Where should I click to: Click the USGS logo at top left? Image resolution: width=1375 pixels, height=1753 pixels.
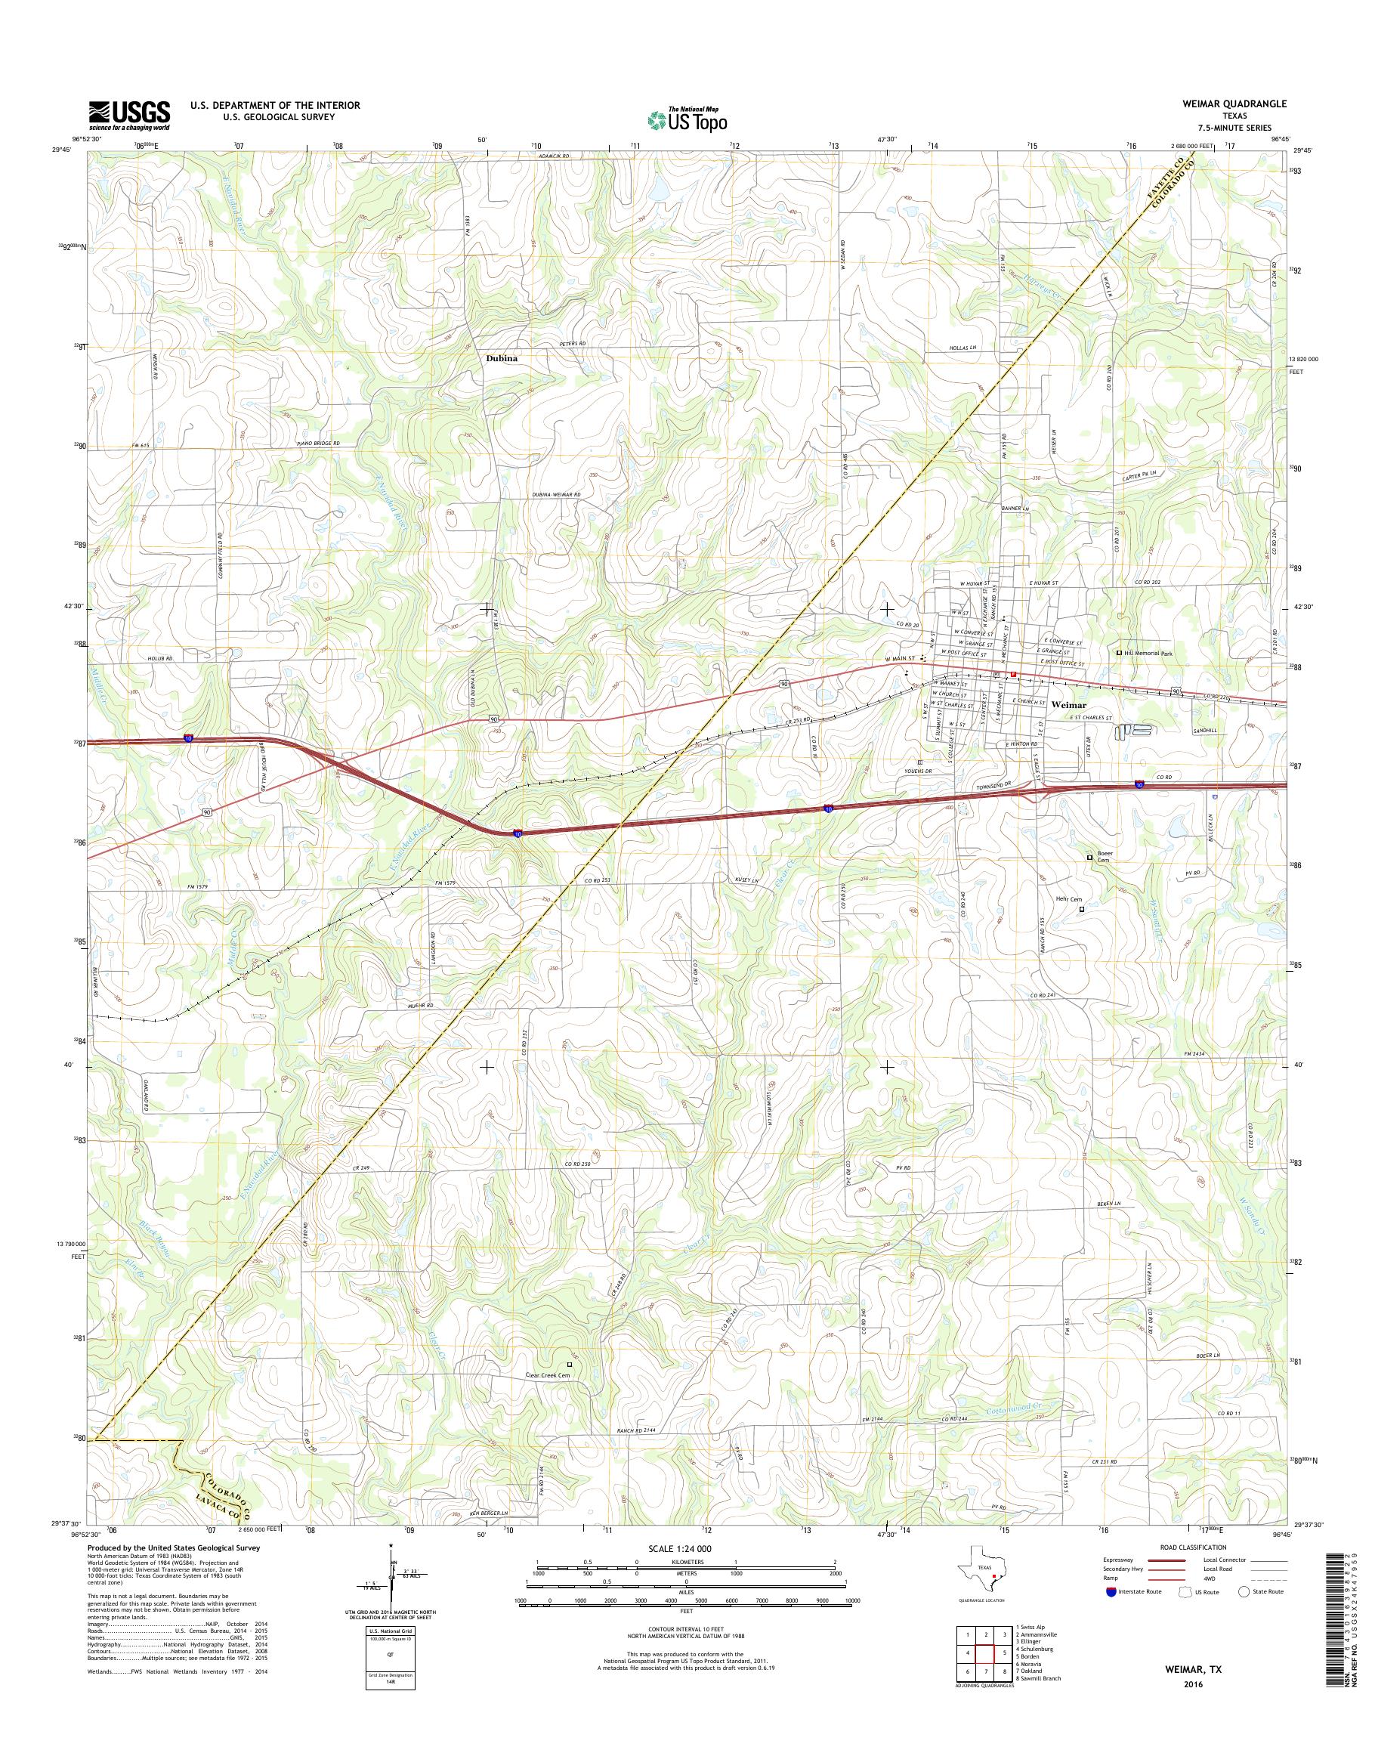(x=128, y=115)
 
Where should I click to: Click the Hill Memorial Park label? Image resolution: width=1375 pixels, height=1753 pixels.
(x=1154, y=653)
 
